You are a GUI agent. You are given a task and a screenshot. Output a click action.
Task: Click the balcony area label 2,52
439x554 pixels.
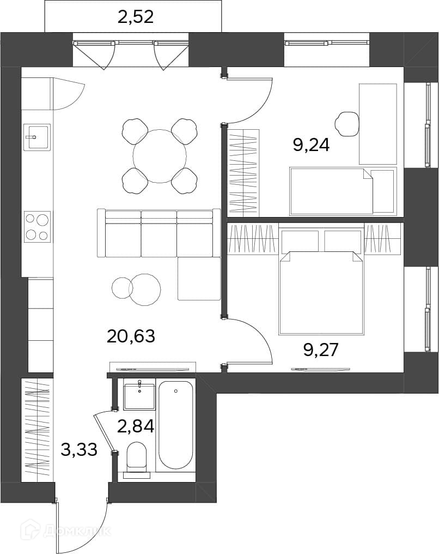(x=136, y=16)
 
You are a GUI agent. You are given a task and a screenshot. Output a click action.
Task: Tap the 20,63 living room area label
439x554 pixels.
(x=131, y=336)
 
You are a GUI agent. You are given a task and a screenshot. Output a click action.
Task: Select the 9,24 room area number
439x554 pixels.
(x=311, y=145)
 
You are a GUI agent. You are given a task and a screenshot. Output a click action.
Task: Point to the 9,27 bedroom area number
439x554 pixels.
(x=321, y=350)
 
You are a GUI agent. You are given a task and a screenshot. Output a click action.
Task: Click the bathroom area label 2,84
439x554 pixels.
(x=136, y=426)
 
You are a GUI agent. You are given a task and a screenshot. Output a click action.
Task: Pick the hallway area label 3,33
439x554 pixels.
(x=79, y=450)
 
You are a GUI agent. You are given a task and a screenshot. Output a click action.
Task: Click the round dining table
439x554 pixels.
(x=160, y=156)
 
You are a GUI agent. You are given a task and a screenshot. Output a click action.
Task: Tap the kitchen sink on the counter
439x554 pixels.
(x=37, y=137)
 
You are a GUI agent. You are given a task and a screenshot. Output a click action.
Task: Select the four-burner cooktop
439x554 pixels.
(x=37, y=226)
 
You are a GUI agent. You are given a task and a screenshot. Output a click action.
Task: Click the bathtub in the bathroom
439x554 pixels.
(x=176, y=426)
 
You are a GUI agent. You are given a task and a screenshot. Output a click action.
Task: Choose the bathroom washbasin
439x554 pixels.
(x=139, y=396)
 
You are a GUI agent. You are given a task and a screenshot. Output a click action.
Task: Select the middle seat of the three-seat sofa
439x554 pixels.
(x=159, y=234)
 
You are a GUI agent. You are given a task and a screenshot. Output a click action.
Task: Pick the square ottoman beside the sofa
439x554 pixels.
(x=199, y=279)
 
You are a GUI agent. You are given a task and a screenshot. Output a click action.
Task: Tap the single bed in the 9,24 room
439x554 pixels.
(x=331, y=191)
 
